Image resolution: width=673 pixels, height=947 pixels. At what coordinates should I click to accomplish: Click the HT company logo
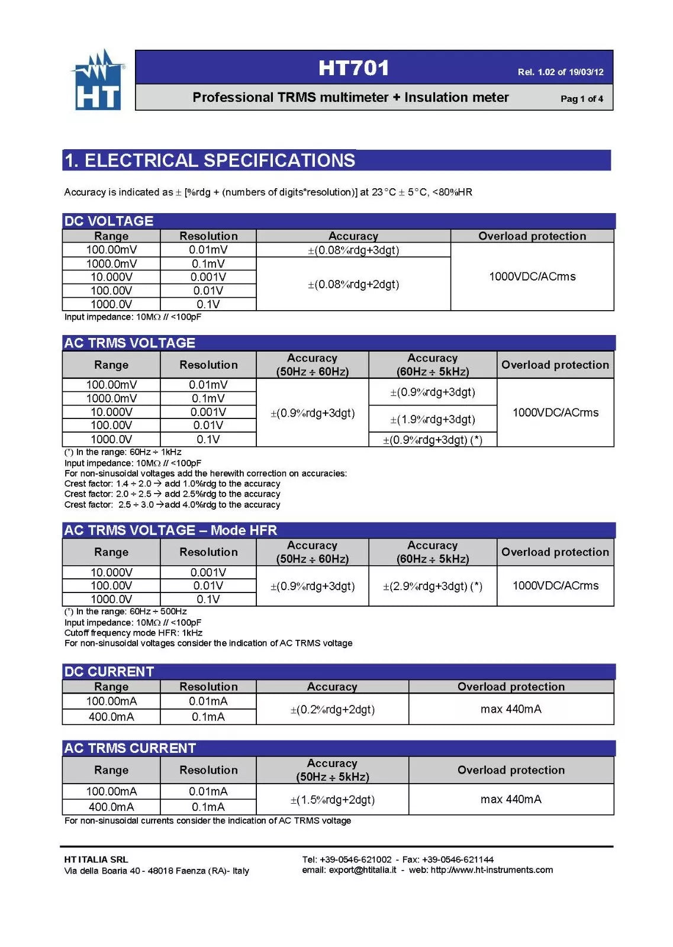tap(98, 80)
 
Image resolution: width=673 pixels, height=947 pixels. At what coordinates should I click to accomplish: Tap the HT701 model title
tap(353, 68)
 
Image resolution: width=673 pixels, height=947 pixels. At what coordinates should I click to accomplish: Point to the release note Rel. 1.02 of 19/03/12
tap(560, 72)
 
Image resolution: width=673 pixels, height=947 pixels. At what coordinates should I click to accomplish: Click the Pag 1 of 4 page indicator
tap(581, 99)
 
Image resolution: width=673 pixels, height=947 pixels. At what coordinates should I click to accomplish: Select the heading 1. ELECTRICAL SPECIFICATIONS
tap(210, 160)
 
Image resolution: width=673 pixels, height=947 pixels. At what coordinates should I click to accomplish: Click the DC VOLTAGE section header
tap(109, 221)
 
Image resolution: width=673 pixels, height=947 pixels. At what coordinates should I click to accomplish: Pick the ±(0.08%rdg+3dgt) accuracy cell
tap(353, 250)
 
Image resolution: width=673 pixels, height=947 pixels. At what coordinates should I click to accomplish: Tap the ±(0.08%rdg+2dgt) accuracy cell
tap(353, 284)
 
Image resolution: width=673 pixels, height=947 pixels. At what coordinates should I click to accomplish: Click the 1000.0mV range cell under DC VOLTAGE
tap(111, 264)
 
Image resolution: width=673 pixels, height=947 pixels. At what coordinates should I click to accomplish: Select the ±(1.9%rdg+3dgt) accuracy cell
tap(432, 420)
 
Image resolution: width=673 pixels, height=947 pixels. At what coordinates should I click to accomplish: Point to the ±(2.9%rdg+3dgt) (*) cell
tap(432, 586)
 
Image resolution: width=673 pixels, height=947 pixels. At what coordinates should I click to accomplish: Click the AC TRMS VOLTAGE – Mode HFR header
tap(170, 530)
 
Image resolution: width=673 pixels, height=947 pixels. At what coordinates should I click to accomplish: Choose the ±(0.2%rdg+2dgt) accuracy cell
tap(332, 709)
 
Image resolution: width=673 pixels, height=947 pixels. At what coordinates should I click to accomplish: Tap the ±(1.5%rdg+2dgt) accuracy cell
tap(332, 800)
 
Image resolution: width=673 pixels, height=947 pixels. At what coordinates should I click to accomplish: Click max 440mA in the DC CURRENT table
tap(511, 709)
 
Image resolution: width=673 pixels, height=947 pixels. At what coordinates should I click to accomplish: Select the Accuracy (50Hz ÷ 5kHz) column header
tap(332, 770)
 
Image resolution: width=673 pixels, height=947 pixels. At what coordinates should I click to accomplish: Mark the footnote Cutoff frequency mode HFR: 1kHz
tap(133, 633)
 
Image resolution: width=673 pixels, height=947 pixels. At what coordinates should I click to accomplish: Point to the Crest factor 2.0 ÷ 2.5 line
tap(172, 494)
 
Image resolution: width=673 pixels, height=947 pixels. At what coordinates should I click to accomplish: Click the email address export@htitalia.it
tap(362, 870)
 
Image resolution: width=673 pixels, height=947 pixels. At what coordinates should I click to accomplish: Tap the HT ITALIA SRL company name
tap(96, 859)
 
